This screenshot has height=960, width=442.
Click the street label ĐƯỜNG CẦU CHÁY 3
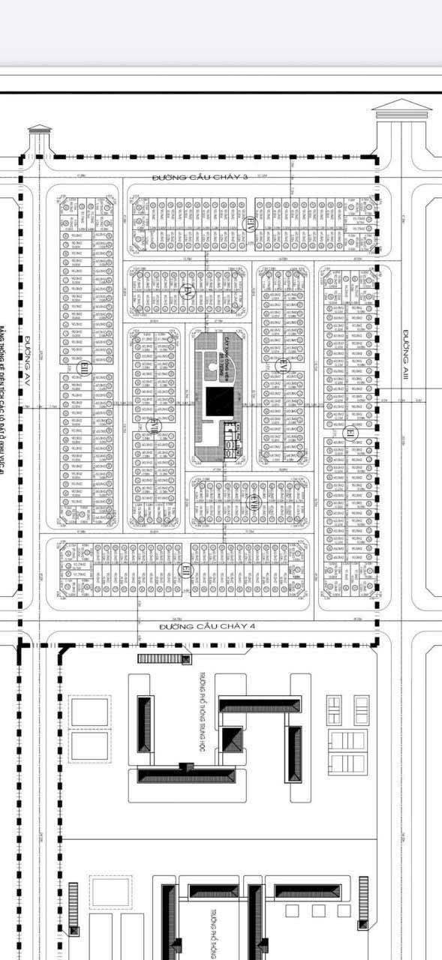199,177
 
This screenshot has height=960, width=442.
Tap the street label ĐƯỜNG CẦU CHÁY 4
200,625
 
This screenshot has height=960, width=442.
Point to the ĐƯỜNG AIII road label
405,355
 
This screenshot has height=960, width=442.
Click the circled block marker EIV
251,223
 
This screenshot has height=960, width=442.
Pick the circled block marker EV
187,291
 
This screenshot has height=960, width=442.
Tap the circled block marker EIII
84,366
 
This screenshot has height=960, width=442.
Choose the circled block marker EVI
154,425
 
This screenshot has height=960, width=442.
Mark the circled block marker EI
350,432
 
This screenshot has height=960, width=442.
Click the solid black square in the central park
220,402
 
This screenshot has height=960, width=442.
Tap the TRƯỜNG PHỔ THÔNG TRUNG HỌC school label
203,705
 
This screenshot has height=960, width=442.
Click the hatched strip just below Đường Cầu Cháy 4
163,658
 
